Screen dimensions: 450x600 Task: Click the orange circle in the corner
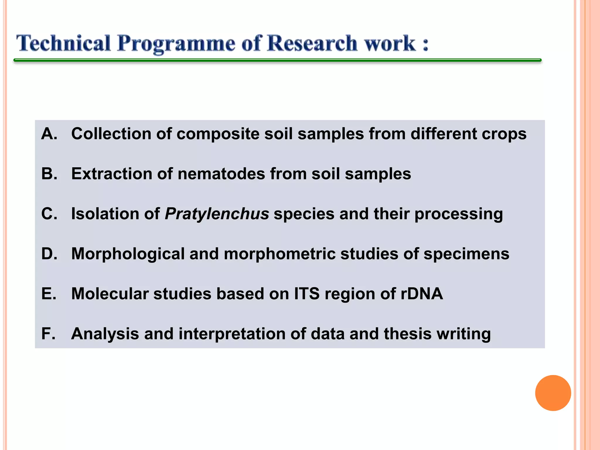pyautogui.click(x=553, y=393)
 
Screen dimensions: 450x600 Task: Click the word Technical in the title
pyautogui.click(x=63, y=43)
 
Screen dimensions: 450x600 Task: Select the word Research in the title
pyautogui.click(x=312, y=43)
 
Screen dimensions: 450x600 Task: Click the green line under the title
pyautogui.click(x=277, y=60)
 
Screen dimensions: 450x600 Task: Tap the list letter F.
pyautogui.click(x=48, y=334)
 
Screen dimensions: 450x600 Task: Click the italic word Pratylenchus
pyautogui.click(x=217, y=214)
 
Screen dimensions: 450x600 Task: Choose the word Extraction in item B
pyautogui.click(x=112, y=174)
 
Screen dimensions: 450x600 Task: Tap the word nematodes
pyautogui.click(x=221, y=174)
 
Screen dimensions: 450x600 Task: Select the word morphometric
pyautogui.click(x=279, y=254)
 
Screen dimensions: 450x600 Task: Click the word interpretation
pyautogui.click(x=232, y=334)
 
